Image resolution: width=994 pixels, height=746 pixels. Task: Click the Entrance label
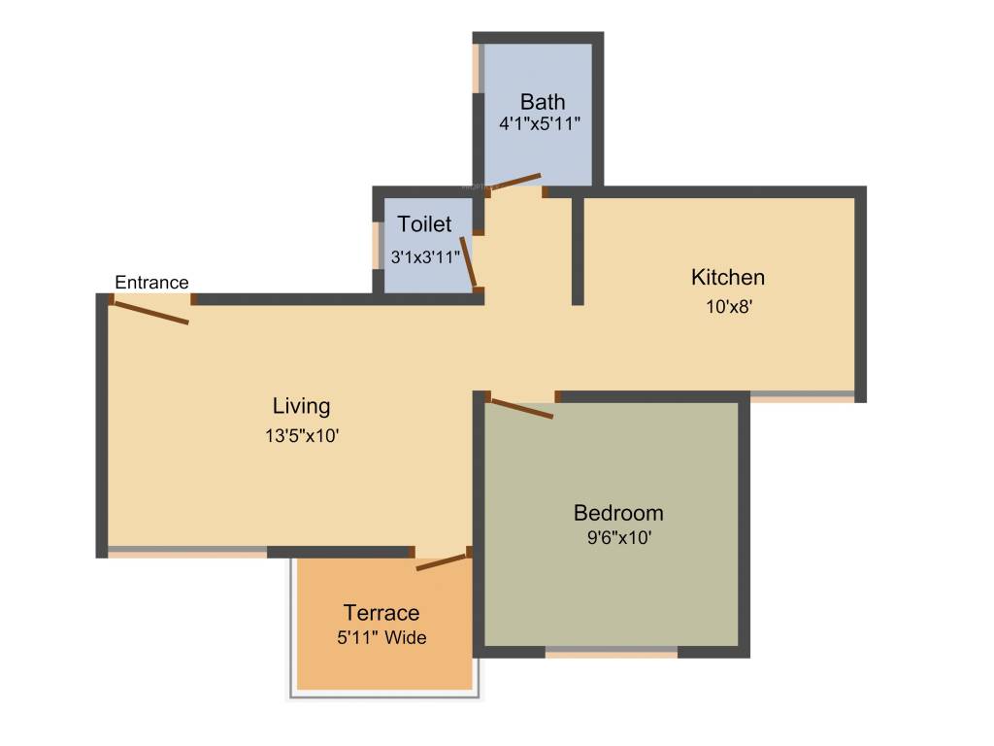[151, 283]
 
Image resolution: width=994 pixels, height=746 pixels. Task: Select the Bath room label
[543, 102]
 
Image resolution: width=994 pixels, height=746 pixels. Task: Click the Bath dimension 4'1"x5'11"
[540, 124]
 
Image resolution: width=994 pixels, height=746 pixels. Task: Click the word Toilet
[424, 224]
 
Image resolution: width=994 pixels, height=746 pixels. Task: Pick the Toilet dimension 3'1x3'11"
[425, 258]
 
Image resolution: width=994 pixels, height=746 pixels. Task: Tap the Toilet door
[468, 260]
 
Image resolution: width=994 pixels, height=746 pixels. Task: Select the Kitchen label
[727, 277]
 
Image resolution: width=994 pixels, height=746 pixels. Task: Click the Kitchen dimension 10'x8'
[727, 307]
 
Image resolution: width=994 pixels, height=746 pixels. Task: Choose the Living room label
[301, 406]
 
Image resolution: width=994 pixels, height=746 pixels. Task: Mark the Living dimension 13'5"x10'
[301, 436]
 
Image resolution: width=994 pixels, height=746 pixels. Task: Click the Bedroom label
[618, 513]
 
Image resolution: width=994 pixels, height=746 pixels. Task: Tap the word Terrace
[381, 613]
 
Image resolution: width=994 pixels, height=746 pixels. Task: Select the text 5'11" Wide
[381, 638]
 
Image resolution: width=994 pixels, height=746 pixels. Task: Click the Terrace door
[443, 560]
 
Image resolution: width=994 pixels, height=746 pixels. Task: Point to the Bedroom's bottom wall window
[612, 652]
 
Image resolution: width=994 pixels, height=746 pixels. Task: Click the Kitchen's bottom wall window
[802, 396]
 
